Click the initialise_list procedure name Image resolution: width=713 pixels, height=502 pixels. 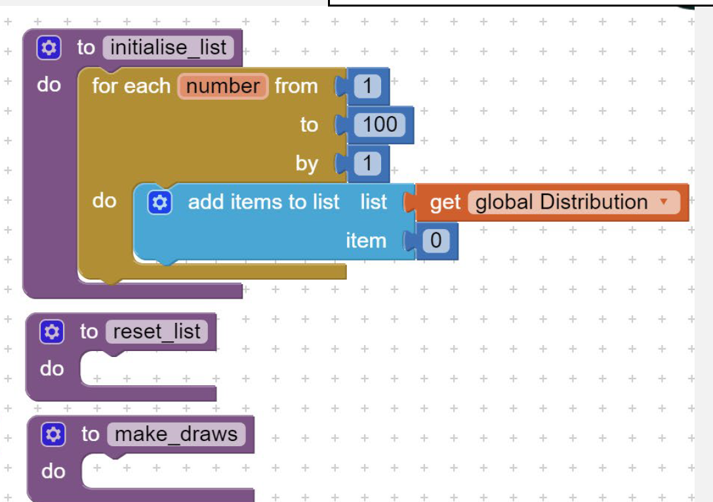coord(168,47)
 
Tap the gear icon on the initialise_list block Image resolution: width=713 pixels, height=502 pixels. coord(49,48)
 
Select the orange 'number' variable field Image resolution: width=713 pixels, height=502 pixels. coord(223,86)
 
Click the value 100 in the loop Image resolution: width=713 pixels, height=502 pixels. coord(380,125)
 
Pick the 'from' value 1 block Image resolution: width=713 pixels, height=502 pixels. coord(367,86)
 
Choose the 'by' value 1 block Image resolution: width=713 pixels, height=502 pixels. coord(367,163)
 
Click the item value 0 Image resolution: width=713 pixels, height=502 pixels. coord(436,240)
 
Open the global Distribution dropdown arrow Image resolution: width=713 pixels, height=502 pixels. coord(663,201)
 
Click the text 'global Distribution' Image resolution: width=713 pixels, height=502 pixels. coord(561,202)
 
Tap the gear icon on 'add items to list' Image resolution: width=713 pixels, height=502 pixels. coord(159,202)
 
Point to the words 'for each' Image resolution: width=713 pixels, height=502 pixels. coord(131,86)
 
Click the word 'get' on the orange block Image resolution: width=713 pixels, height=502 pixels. coord(445,203)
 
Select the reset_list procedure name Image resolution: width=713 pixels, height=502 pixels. coord(157,331)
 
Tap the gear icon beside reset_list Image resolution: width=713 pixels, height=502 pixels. coord(52,332)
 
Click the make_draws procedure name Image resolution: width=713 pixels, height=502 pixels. coord(176,434)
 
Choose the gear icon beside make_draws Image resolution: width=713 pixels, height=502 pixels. coord(53,434)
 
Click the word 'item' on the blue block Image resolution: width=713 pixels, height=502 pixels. coord(366,241)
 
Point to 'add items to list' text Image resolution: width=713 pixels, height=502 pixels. coord(264,202)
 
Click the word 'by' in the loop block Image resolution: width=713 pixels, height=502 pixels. coord(306,164)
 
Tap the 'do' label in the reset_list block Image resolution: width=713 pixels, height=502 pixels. coord(52,369)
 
